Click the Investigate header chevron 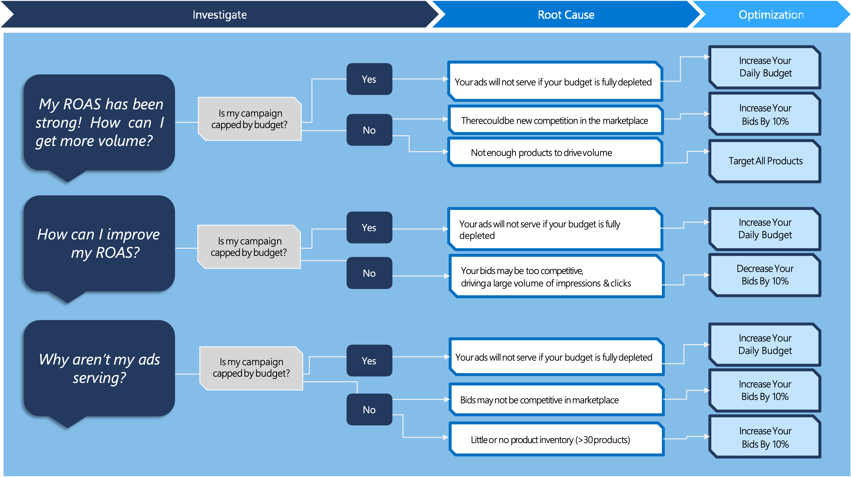pyautogui.click(x=220, y=15)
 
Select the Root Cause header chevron pyautogui.click(x=566, y=15)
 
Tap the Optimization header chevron pyautogui.click(x=771, y=15)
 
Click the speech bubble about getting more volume pyautogui.click(x=99, y=122)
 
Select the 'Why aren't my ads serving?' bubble pyautogui.click(x=99, y=368)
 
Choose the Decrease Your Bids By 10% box pyautogui.click(x=765, y=275)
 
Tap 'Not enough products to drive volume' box pyautogui.click(x=555, y=152)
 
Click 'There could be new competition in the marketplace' pyautogui.click(x=555, y=121)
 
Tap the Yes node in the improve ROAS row pyautogui.click(x=369, y=227)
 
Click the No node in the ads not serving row pyautogui.click(x=369, y=410)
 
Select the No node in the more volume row pyautogui.click(x=369, y=130)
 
